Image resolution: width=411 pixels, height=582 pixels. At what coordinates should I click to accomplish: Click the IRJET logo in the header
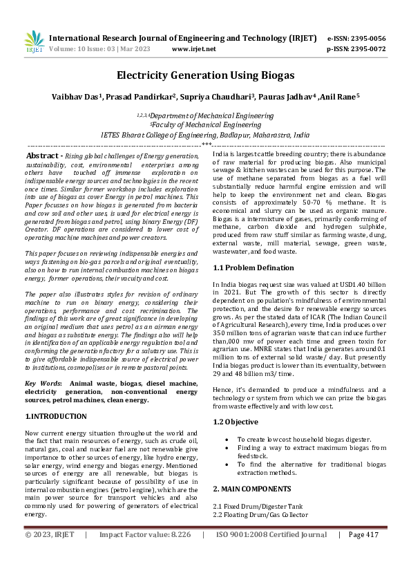tap(34, 43)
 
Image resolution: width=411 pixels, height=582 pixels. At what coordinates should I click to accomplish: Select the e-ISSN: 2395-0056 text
tap(356, 39)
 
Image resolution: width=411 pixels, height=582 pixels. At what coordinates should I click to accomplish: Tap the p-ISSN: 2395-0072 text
tap(356, 49)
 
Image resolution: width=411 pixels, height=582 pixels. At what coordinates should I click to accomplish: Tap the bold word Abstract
tap(46, 158)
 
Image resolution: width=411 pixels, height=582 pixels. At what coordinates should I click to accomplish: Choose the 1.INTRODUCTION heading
tap(56, 416)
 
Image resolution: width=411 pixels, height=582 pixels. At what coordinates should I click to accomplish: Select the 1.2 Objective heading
tap(236, 422)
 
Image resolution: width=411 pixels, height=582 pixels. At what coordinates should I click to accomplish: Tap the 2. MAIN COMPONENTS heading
tap(253, 488)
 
